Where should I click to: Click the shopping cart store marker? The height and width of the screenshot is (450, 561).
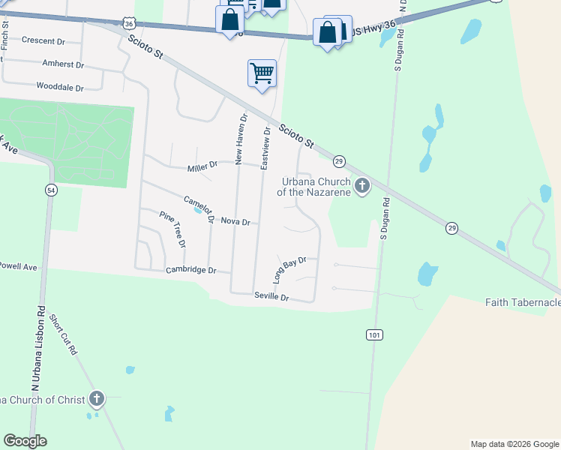pyautogui.click(x=262, y=73)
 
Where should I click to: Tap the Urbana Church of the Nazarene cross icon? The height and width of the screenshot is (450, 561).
pyautogui.click(x=362, y=185)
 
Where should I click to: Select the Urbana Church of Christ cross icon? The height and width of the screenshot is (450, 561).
pyautogui.click(x=96, y=399)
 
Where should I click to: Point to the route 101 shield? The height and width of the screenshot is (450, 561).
pyautogui.click(x=375, y=334)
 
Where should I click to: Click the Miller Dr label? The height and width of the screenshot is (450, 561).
pyautogui.click(x=202, y=165)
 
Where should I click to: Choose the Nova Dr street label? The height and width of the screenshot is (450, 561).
pyautogui.click(x=235, y=223)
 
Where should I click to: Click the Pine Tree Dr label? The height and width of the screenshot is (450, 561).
pyautogui.click(x=172, y=229)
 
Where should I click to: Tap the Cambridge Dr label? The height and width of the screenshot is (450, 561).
pyautogui.click(x=190, y=270)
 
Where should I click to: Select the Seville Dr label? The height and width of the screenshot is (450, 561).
pyautogui.click(x=271, y=297)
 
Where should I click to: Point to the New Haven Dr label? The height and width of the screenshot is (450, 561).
pyautogui.click(x=240, y=139)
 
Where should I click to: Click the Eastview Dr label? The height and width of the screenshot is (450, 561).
pyautogui.click(x=265, y=148)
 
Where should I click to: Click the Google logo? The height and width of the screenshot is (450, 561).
pyautogui.click(x=25, y=441)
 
